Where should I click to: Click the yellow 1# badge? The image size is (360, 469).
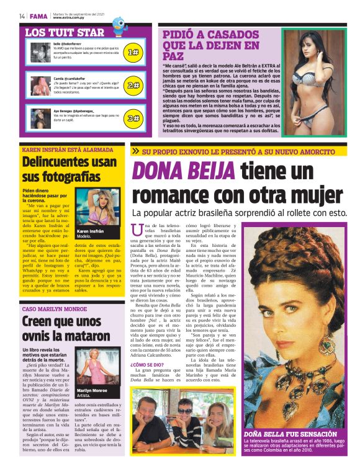pyautogui.click(x=132, y=52)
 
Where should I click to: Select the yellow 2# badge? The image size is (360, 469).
pyautogui.click(x=132, y=86)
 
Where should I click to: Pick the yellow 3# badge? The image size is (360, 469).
pyautogui.click(x=132, y=118)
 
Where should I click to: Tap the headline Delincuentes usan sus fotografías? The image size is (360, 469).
pyautogui.click(x=70, y=169)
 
